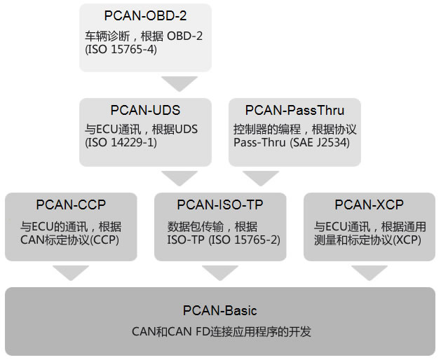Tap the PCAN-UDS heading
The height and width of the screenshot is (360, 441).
pos(145,111)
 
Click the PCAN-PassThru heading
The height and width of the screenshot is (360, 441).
pos(294,111)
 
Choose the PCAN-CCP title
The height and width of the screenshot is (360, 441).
pos(71,205)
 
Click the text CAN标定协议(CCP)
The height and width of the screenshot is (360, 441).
pos(71,240)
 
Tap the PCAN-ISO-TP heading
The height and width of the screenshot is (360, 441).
pos(220,205)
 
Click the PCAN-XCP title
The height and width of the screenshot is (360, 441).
pos(369,205)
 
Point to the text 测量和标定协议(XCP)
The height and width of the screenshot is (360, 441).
pos(369,240)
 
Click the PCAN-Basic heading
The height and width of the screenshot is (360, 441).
pos(221,310)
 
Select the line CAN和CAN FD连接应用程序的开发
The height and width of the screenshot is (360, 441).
pos(221,331)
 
